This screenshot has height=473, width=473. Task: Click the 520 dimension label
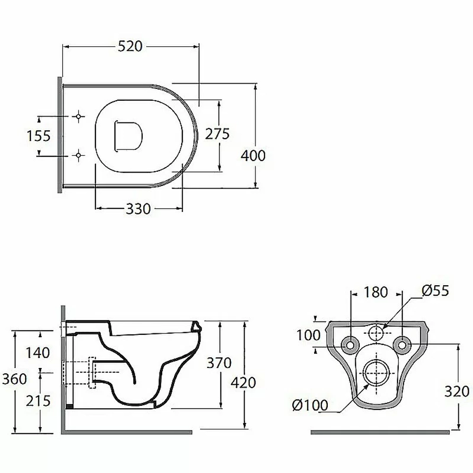[x=130, y=46]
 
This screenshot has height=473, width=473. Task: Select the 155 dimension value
[x=38, y=136]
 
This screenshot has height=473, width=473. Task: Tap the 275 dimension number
[x=217, y=134]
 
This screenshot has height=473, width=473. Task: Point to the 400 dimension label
[x=253, y=156]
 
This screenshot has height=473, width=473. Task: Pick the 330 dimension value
[x=138, y=209]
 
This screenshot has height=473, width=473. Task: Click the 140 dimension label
[x=38, y=353]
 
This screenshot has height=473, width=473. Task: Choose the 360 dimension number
[x=15, y=379]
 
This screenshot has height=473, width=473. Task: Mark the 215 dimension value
[x=38, y=401]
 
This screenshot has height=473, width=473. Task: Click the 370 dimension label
[x=219, y=363]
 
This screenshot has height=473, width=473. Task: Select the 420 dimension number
[x=244, y=383]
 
